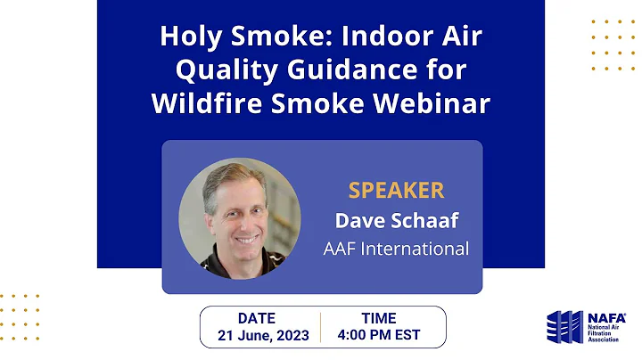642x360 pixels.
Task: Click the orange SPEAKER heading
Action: pos(396,191)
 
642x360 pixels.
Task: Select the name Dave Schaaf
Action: pos(396,219)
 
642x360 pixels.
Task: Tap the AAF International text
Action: pos(396,249)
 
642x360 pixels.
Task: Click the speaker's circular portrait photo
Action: pos(239,218)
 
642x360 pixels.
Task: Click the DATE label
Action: pos(257,317)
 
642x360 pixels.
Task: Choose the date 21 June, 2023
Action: pos(263,336)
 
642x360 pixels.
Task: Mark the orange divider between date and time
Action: pos(321,327)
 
